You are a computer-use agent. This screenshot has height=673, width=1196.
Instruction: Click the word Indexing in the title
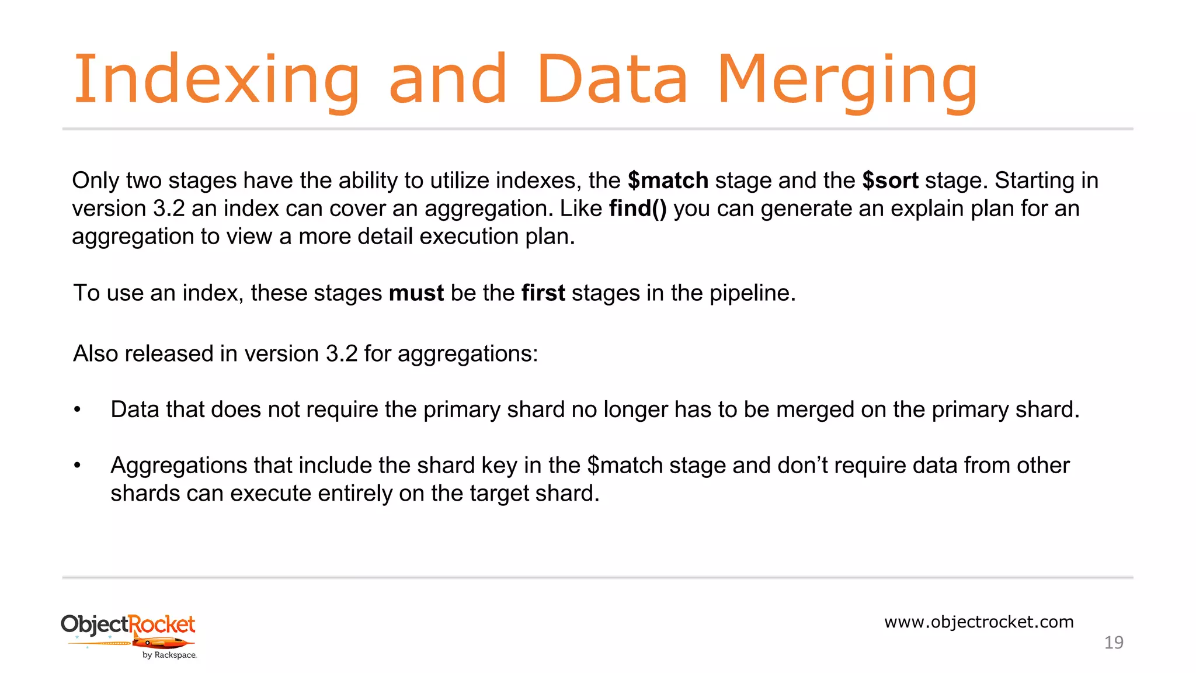click(216, 80)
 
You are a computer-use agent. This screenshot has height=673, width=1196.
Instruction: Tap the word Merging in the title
click(847, 80)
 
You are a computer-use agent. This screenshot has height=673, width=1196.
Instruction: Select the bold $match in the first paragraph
click(668, 181)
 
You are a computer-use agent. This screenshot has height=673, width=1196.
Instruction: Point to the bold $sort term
click(890, 181)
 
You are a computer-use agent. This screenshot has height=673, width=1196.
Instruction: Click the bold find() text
click(638, 209)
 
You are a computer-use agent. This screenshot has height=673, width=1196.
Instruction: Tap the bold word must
click(416, 293)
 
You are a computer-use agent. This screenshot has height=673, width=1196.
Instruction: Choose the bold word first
click(543, 293)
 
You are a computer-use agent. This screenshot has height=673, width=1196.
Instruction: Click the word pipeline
click(752, 293)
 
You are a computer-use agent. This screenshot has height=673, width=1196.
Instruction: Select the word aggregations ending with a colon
click(467, 354)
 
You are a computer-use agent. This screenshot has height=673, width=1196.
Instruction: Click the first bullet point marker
click(77, 410)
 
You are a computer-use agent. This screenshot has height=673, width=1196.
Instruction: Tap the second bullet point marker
click(77, 466)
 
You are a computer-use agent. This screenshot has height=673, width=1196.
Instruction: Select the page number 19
click(1114, 643)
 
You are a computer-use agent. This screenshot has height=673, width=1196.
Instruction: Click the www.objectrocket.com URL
click(979, 622)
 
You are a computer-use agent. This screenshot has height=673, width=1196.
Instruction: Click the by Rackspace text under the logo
click(169, 655)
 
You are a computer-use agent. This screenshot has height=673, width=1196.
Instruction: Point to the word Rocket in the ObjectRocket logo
click(161, 624)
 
